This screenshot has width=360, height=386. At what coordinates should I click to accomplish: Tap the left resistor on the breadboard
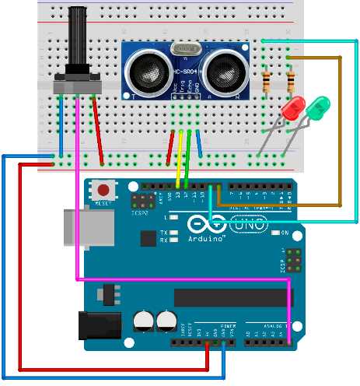(267, 80)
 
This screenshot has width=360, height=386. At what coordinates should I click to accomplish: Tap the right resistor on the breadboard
(291, 80)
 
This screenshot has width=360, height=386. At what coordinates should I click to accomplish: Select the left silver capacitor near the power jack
(144, 320)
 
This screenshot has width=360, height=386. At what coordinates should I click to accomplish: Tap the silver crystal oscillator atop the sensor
(186, 49)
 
